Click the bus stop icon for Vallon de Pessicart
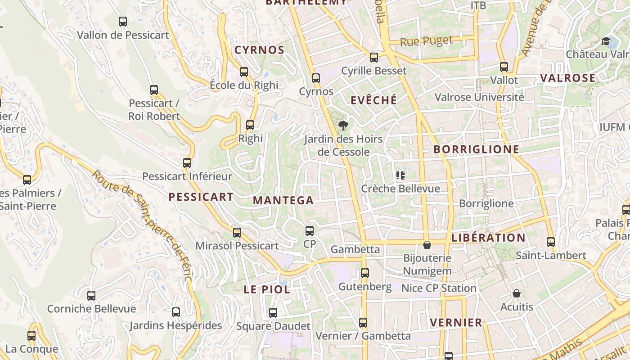122,21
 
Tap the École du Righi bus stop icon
244,72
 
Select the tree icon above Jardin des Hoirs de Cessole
343,125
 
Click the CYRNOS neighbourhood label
259,50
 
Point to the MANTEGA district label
283,201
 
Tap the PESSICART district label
201,197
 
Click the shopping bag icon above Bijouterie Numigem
427,245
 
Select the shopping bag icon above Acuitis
517,293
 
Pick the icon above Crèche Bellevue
400,175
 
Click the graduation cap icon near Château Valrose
606,41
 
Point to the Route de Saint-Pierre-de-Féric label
143,225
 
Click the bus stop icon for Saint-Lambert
551,242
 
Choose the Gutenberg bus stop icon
364,273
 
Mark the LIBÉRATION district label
488,238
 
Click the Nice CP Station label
439,288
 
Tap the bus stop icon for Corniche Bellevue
91,295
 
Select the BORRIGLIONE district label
476,149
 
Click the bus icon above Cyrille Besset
374,57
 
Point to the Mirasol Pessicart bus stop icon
237,232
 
